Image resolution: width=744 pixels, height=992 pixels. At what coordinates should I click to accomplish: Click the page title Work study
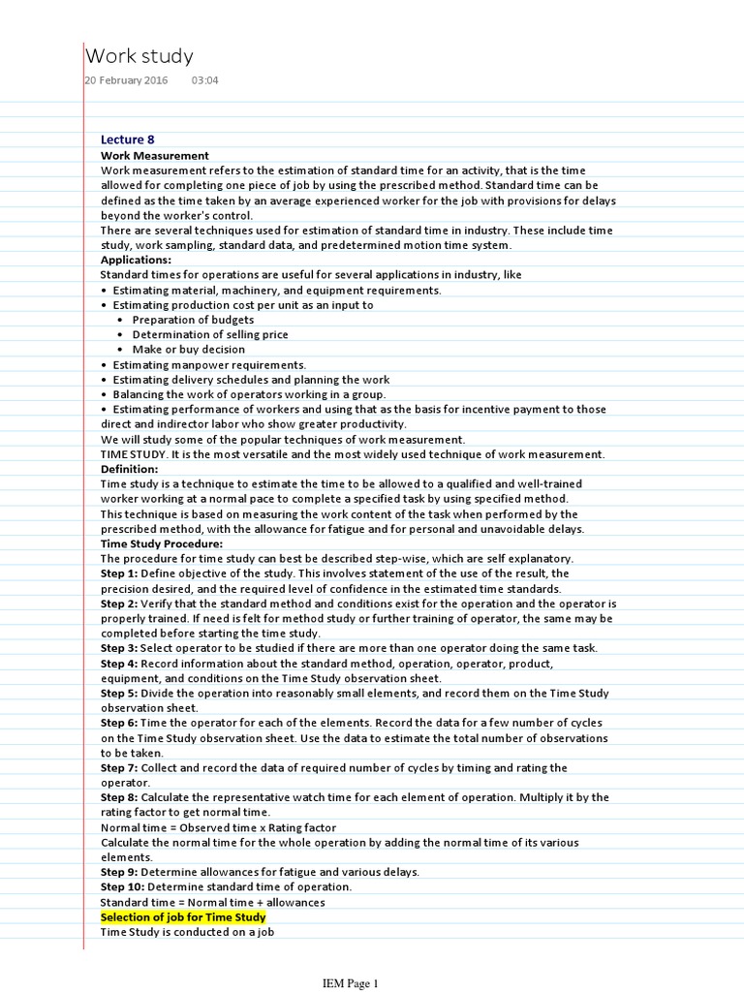(139, 56)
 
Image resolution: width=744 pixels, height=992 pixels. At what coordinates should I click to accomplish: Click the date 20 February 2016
(126, 80)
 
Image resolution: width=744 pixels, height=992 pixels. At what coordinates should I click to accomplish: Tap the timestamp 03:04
(204, 80)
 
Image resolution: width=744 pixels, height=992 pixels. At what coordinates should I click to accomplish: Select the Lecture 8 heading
(127, 139)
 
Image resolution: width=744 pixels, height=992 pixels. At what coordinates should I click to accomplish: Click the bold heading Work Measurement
(155, 155)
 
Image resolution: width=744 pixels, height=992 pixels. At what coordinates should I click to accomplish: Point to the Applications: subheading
(136, 260)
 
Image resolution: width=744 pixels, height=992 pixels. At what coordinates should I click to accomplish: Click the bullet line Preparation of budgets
(193, 320)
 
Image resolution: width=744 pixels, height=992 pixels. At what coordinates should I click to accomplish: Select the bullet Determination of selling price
(210, 334)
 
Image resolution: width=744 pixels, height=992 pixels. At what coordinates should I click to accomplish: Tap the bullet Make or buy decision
(188, 350)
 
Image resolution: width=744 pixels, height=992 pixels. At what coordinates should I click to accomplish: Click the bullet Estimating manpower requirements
(209, 364)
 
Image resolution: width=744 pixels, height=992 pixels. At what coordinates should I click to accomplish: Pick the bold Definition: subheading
(129, 469)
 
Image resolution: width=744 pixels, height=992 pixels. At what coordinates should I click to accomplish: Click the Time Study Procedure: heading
(162, 543)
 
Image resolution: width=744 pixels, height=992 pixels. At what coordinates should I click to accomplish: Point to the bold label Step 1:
(120, 573)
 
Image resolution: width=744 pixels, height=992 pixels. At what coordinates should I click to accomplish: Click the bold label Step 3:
(120, 648)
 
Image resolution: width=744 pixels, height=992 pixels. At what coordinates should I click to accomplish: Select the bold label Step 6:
(120, 723)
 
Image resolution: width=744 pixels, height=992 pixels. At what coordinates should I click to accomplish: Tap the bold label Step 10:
(123, 886)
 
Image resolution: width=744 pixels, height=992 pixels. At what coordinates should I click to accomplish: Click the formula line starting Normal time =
(218, 827)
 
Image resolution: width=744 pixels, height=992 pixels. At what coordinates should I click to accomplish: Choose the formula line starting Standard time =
(212, 902)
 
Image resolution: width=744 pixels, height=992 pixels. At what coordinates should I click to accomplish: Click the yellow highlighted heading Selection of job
(183, 916)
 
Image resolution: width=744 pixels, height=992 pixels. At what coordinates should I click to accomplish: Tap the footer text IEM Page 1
(350, 983)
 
